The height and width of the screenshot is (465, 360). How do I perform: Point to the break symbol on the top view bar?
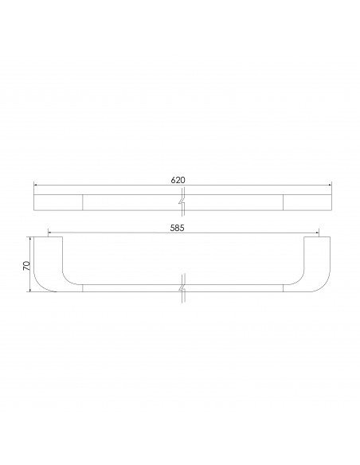pyautogui.click(x=183, y=201)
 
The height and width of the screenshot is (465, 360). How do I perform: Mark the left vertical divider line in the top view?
pyautogui.click(x=84, y=201)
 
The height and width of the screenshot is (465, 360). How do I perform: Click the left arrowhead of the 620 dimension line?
pyautogui.click(x=35, y=186)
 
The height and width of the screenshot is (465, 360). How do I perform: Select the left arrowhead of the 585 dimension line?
pyautogui.click(x=51, y=233)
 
